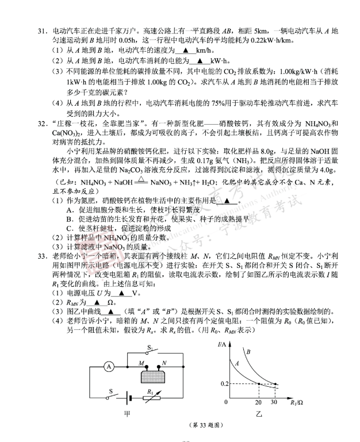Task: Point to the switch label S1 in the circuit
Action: click(151, 348)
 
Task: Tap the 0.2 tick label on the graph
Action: click(225, 383)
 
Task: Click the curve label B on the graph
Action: click(248, 351)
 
